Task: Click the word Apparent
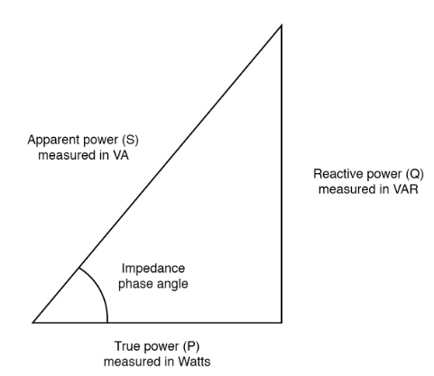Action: point(51,141)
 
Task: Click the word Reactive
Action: point(336,174)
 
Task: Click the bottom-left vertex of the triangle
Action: point(33,322)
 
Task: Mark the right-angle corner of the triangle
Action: point(282,322)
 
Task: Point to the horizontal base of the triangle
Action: point(199,322)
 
